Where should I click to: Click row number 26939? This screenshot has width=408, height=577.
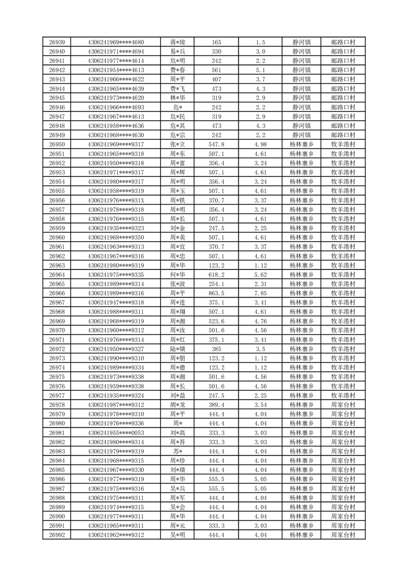57,42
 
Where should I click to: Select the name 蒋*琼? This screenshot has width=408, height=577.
177,42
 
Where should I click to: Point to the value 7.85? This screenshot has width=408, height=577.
260,293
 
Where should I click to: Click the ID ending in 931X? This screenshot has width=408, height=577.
116,200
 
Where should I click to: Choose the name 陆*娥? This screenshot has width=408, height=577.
177,349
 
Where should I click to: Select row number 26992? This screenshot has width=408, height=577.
57,535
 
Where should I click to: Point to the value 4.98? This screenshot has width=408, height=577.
260,145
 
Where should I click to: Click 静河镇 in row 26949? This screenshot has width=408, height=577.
302,135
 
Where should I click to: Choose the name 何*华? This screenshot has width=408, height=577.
177,275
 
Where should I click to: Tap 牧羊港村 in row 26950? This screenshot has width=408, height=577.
343,145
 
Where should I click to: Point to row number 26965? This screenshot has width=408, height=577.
57,284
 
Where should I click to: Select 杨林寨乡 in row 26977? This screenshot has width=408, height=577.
302,395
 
